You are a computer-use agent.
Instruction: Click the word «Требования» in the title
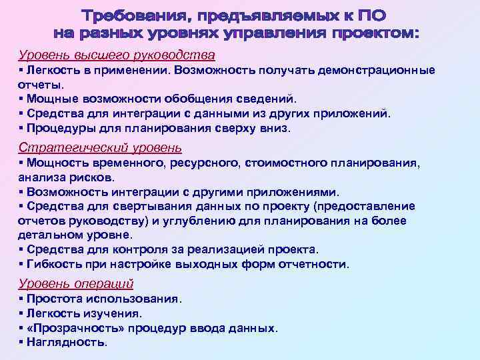tap(137, 15)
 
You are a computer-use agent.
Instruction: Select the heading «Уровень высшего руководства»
tap(117, 54)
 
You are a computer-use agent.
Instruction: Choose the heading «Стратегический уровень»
tap(100, 148)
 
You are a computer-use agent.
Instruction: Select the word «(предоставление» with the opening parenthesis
tap(364, 206)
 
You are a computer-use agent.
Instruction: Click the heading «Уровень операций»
tap(76, 283)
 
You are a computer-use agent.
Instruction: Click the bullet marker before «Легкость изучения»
tap(21, 314)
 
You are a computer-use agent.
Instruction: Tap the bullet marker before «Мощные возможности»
tap(21, 99)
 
